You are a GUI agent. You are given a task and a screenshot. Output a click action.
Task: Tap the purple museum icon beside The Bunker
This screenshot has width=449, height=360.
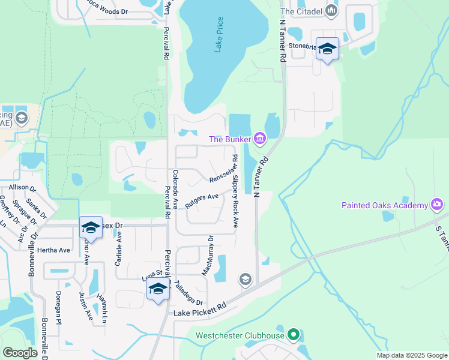[260, 139]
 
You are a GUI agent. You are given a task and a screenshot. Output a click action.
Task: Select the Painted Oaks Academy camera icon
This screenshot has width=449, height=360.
[436, 205]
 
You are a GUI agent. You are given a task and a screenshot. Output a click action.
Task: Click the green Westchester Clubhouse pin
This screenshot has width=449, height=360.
[293, 334]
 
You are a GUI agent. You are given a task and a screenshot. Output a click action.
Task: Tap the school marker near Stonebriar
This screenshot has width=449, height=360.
[328, 49]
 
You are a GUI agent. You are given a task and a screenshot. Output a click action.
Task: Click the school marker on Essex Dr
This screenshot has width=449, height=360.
[91, 227]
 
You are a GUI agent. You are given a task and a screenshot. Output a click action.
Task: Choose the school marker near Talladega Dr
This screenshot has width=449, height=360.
[158, 289]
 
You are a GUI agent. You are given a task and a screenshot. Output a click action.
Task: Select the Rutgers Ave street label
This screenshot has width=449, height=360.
[202, 200]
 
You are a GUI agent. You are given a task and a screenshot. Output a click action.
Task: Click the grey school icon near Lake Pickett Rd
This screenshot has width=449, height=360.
[245, 279]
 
